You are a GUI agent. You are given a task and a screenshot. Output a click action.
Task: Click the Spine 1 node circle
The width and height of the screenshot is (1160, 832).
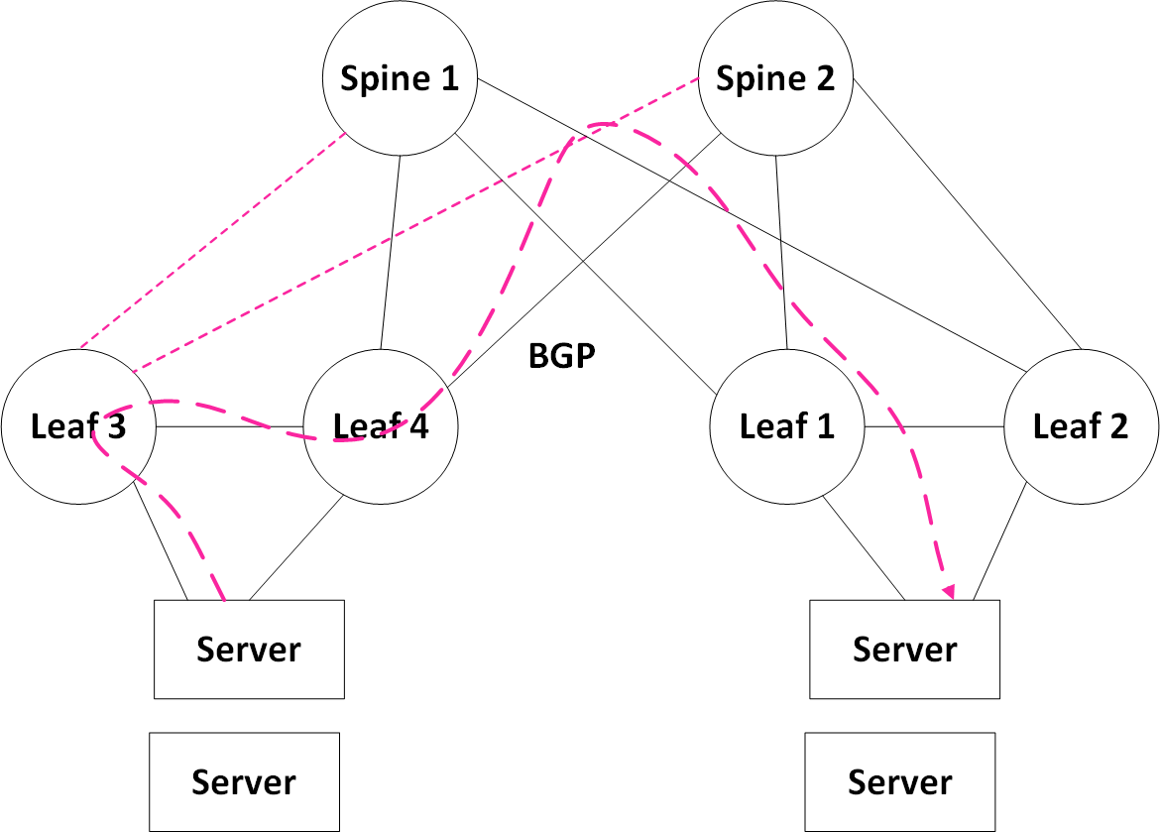point(400,79)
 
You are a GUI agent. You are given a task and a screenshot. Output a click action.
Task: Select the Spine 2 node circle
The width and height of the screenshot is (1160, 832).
point(775,79)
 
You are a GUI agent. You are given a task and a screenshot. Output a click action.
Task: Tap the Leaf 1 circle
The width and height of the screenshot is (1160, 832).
point(787,427)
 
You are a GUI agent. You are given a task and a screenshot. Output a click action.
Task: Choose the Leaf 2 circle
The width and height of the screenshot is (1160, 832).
point(1081,427)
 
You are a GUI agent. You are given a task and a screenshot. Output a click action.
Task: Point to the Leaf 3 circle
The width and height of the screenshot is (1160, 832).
point(78,427)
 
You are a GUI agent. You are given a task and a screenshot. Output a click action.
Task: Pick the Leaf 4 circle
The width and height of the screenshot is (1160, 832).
point(381,427)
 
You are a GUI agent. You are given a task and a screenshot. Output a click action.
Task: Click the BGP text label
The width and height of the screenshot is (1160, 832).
point(562,356)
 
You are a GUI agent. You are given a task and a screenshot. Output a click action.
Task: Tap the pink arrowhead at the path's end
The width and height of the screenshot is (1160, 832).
point(949,591)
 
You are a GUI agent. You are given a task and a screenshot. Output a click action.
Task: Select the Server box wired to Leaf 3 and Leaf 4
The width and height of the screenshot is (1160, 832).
point(249,650)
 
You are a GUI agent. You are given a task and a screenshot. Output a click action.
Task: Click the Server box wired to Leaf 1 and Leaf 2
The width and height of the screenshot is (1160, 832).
point(905,650)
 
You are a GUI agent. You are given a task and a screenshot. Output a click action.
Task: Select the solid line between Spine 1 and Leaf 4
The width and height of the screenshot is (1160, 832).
point(391,253)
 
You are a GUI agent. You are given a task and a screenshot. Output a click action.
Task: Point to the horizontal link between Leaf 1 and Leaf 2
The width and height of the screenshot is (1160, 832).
point(934,427)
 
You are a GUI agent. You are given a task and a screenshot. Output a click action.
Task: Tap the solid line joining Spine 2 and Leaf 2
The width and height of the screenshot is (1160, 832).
point(967,215)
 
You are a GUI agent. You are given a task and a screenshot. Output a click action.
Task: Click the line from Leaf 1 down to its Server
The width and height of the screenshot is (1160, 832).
point(864,547)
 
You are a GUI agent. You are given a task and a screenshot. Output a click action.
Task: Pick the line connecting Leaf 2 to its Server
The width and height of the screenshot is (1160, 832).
point(997,548)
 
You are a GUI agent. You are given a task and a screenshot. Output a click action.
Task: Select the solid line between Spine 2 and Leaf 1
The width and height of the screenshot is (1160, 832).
point(781,253)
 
